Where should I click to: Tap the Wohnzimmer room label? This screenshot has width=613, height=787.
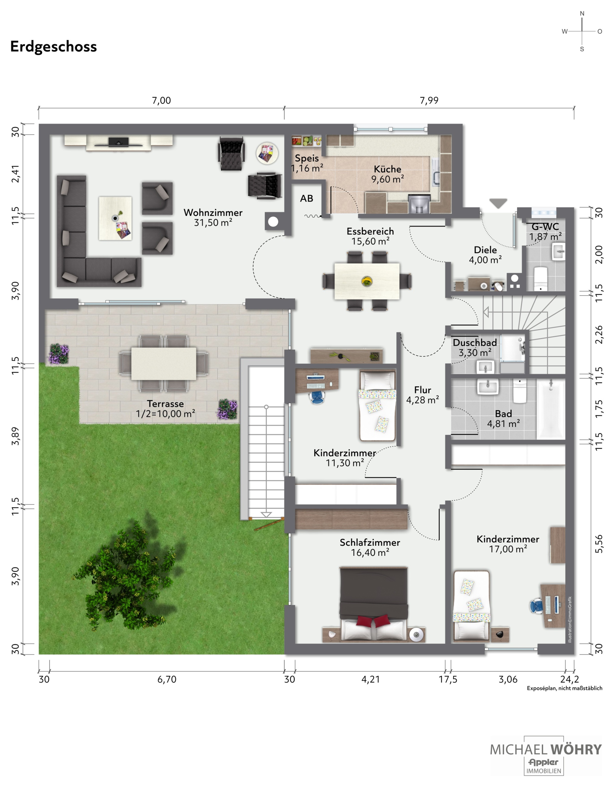click(213, 213)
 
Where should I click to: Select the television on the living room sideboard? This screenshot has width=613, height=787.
click(118, 142)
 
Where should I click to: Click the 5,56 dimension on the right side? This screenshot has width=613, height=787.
click(599, 543)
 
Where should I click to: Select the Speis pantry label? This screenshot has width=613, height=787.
click(307, 158)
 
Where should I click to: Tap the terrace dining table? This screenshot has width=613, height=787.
click(164, 364)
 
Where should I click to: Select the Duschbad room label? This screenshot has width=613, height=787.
click(475, 342)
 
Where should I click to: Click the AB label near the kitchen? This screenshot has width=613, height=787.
click(307, 198)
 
